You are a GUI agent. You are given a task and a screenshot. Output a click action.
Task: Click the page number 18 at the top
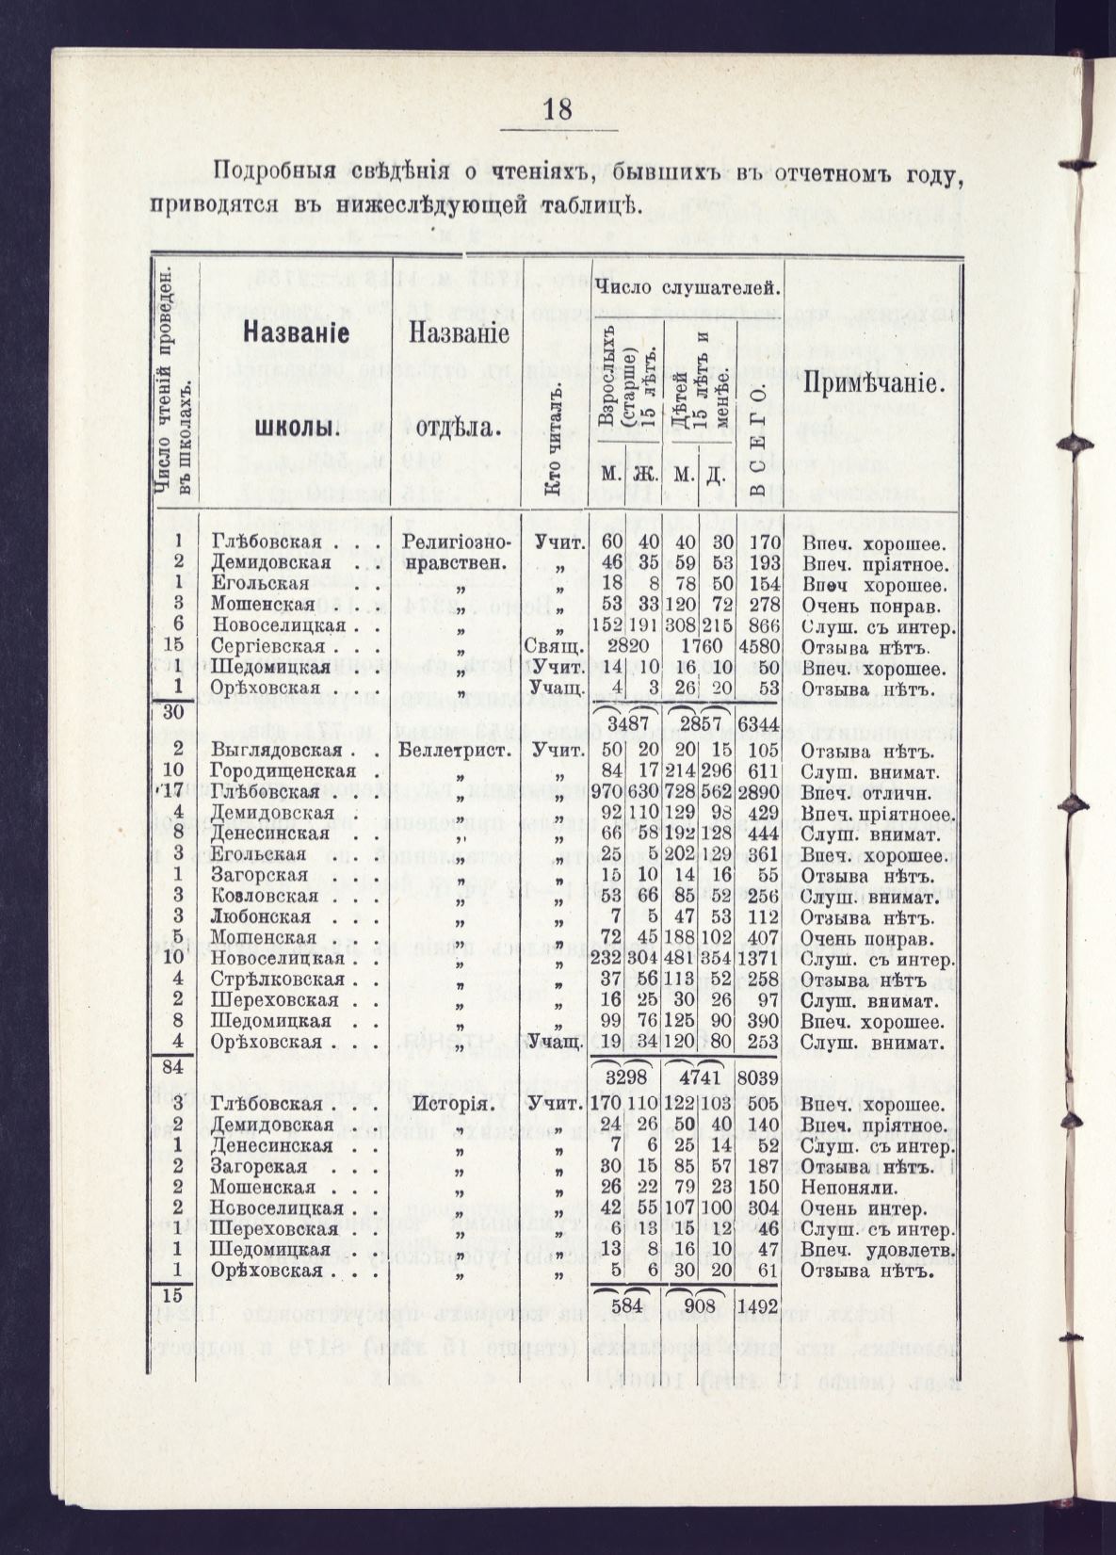point(558,110)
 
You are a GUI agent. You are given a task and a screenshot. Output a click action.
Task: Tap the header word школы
point(297,427)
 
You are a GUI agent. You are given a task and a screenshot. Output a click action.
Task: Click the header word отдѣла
point(456,427)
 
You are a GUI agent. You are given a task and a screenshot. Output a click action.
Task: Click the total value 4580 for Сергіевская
point(769,646)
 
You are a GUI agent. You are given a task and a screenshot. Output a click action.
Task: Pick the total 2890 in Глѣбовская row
point(770,792)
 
